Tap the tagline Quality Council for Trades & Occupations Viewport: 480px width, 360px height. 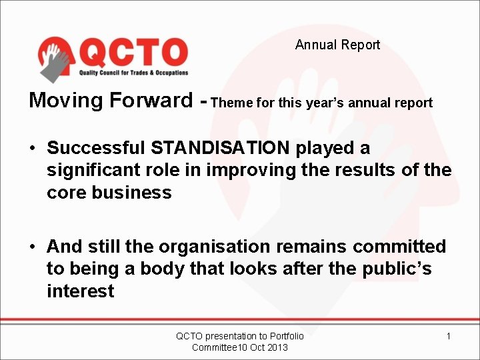coord(134,73)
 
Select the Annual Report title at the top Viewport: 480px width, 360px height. coord(337,45)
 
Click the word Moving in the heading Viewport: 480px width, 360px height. coord(66,101)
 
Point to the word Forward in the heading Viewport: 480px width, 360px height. coord(151,101)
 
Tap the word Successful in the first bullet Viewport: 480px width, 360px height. coord(97,147)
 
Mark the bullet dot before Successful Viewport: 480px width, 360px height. coord(33,148)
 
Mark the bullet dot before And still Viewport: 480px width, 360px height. coord(33,247)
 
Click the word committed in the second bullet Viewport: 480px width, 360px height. coord(399,247)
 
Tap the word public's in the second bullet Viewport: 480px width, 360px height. coord(397,269)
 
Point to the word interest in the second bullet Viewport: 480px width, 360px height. coord(81,291)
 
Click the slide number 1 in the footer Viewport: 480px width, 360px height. coord(448,336)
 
